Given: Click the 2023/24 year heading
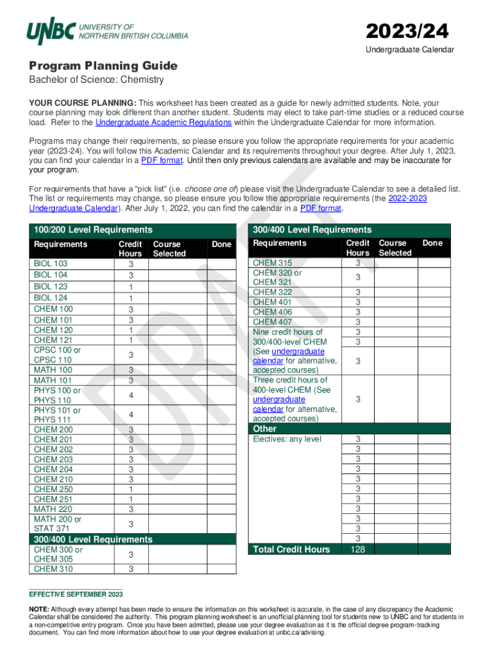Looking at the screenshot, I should (407, 31).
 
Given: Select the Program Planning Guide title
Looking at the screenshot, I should (103, 66).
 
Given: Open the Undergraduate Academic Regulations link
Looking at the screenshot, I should (163, 123).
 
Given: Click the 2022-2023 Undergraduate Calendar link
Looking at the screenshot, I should (407, 199).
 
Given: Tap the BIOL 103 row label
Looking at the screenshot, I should (51, 264).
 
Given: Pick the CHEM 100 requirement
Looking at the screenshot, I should (53, 309).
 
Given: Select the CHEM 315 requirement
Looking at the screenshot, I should (272, 262).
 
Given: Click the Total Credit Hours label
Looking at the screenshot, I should (291, 549).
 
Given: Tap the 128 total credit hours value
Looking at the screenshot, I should (358, 549).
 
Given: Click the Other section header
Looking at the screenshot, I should (265, 429).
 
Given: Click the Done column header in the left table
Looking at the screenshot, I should (221, 244).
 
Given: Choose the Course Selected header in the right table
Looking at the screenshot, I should (395, 248).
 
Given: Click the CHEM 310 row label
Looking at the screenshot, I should (53, 569).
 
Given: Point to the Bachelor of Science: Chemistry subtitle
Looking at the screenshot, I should (96, 80).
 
